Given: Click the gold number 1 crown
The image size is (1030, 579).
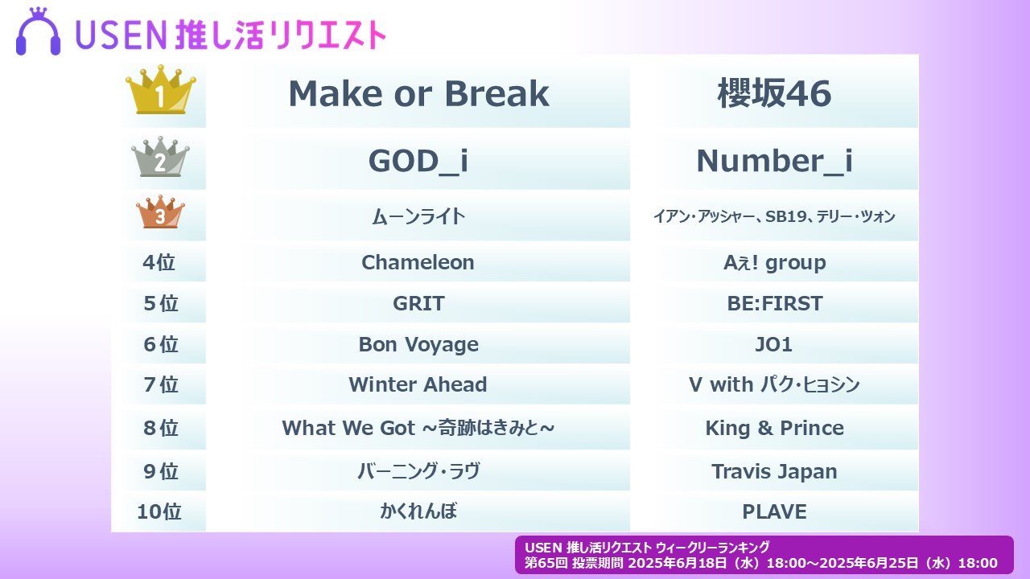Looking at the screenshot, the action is (160, 89).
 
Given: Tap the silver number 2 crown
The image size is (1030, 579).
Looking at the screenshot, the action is (160, 157).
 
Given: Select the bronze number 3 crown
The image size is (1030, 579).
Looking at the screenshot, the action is (160, 212).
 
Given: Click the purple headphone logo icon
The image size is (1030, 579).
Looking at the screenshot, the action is (38, 31).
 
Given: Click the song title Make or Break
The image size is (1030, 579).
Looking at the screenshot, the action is (418, 94).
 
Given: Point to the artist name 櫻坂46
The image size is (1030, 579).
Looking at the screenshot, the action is (774, 93).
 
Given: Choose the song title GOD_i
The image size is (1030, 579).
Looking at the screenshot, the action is (418, 162).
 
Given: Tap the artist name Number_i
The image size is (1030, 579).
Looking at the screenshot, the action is (774, 162).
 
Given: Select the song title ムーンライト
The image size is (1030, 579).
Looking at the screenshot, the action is (418, 216).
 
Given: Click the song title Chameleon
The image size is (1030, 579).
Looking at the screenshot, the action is (418, 262).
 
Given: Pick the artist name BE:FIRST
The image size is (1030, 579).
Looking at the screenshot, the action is (774, 303).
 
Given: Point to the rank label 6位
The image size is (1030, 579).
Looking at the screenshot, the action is (160, 344).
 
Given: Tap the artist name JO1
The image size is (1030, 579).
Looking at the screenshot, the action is (774, 344).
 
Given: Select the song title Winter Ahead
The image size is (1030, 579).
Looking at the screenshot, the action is (418, 384).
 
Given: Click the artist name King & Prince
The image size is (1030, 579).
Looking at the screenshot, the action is (774, 428).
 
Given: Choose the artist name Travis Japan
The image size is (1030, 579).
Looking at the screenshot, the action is (774, 471).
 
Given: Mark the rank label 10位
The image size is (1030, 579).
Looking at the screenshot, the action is (159, 511).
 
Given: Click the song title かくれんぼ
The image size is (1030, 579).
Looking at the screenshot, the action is (418, 511).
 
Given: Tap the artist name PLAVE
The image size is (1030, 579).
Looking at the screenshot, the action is (774, 511).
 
